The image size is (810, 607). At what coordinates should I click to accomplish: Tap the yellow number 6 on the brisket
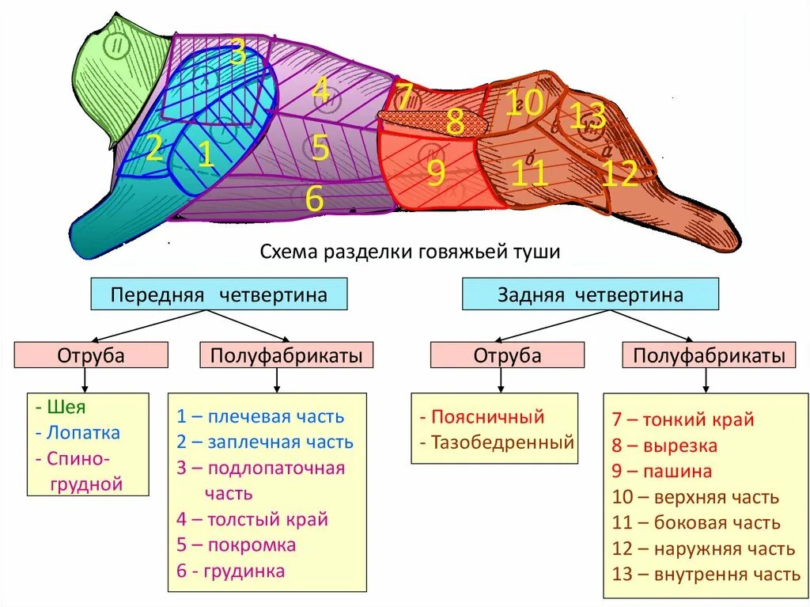tap(315, 199)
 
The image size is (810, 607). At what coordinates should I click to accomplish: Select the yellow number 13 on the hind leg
tap(587, 117)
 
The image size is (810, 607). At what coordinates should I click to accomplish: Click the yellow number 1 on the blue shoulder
tap(206, 154)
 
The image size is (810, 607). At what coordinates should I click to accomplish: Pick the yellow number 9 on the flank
tap(436, 173)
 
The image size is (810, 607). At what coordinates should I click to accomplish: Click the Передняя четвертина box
tap(219, 294)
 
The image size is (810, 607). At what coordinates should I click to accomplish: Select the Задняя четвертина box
tap(590, 294)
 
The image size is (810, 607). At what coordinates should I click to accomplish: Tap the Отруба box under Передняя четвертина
tap(91, 355)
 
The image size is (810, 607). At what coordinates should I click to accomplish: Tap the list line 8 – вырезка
tap(664, 446)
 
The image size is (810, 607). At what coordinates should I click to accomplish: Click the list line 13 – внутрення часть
tap(706, 574)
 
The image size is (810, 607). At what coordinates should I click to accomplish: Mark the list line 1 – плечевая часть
tap(260, 416)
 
